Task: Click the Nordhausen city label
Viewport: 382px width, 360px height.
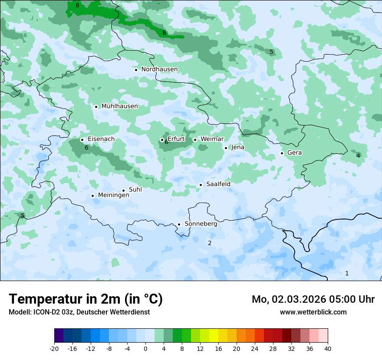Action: point(159,69)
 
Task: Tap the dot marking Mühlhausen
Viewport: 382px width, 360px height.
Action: point(96,107)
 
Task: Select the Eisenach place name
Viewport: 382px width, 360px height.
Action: point(101,139)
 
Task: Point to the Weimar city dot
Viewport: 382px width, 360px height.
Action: point(195,140)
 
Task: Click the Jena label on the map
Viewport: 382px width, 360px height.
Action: point(238,147)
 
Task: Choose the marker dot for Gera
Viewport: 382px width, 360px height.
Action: point(282,153)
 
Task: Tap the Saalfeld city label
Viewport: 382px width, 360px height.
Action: point(218,184)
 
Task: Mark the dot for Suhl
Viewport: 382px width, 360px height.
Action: point(123,190)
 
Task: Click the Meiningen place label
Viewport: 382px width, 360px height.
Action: point(114,196)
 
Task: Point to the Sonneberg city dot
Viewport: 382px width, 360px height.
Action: point(179,225)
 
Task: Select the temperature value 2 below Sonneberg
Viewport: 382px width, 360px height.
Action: point(210,243)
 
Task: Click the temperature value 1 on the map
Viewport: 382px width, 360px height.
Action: point(347,273)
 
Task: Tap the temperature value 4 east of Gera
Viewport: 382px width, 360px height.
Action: point(358,156)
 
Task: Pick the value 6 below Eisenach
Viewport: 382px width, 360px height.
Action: point(86,148)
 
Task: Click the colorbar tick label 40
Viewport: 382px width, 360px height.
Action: point(328,348)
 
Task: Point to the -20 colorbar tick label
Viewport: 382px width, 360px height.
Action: point(54,348)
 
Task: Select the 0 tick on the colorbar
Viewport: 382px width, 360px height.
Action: point(145,348)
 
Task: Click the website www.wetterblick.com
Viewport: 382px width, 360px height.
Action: point(313,312)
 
